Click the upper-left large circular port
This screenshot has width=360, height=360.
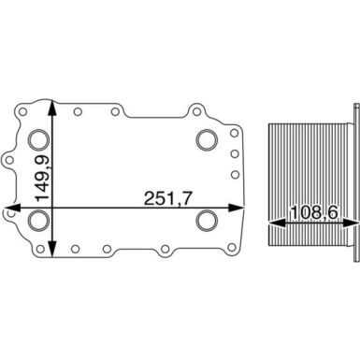(x=38, y=141)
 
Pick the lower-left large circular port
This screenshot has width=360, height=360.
(x=38, y=223)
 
